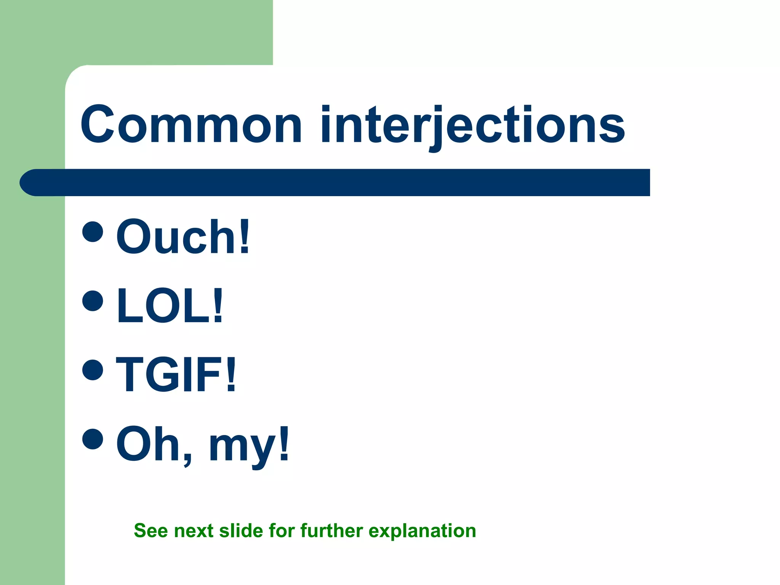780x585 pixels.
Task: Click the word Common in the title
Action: pos(191,125)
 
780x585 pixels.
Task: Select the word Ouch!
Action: pos(183,237)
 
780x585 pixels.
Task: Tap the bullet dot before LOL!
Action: pos(93,300)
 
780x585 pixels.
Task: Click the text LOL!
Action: pos(170,306)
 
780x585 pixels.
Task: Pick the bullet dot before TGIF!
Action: pos(93,369)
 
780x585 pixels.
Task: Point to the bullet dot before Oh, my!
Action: pos(93,438)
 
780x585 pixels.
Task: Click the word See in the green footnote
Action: pos(151,531)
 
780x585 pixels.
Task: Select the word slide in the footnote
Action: pos(241,531)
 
